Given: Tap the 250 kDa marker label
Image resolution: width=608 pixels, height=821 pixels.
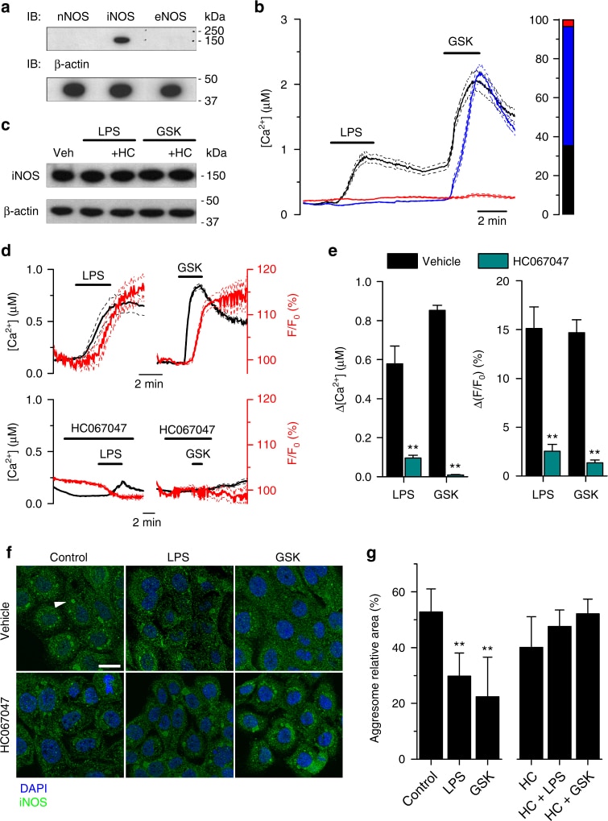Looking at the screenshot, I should click(x=212, y=30).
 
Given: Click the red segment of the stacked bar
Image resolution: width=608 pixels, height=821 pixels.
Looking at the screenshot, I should click(x=568, y=23).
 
